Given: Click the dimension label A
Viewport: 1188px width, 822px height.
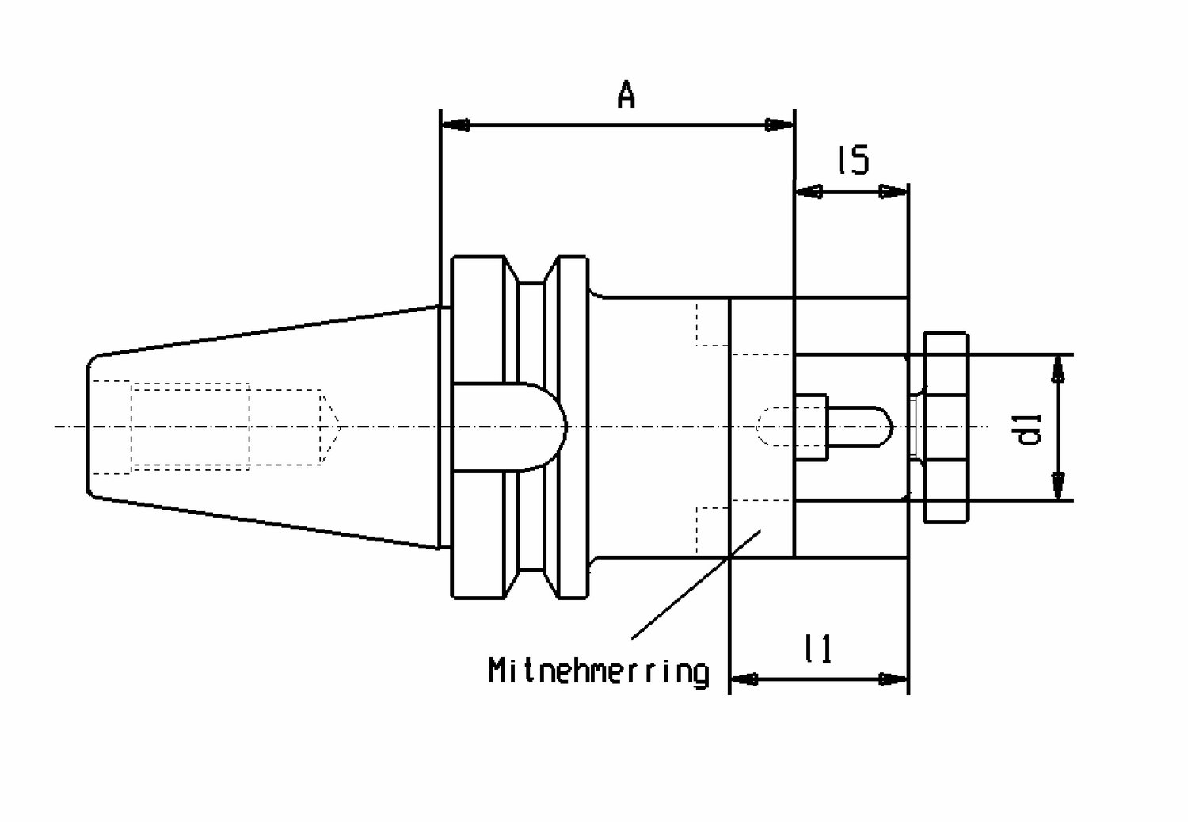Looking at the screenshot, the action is (x=626, y=95).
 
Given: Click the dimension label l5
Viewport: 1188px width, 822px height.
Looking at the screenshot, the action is (x=853, y=160).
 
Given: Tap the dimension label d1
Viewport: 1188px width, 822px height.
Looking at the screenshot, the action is (x=1030, y=430).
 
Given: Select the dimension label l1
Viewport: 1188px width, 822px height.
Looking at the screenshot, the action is (x=818, y=648).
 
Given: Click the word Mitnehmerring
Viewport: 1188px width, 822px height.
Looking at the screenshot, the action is (x=599, y=672).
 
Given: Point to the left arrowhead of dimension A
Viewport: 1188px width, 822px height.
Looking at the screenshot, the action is (x=455, y=126).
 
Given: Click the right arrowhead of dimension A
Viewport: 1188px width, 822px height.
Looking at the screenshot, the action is (x=779, y=125).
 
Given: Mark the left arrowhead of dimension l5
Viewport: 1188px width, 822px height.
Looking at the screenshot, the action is (x=809, y=192).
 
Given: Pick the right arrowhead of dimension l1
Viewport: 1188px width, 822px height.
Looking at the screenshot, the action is (x=893, y=679).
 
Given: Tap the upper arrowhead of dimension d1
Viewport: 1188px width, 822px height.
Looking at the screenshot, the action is (x=1058, y=369).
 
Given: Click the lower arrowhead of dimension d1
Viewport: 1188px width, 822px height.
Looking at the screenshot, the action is (x=1058, y=485).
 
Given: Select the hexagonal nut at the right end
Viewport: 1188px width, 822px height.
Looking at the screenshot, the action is (x=946, y=427).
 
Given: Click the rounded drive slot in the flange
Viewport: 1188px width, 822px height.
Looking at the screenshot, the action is (x=509, y=426).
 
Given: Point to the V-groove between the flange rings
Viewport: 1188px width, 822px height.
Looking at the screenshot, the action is (x=531, y=427).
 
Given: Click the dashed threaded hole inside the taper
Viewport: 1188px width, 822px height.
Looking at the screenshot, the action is (x=190, y=426).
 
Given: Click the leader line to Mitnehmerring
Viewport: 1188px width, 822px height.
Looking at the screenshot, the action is (x=696, y=583).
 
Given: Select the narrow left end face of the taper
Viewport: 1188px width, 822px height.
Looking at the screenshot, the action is (x=87, y=426).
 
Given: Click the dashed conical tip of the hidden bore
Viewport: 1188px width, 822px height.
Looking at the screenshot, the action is (x=329, y=427).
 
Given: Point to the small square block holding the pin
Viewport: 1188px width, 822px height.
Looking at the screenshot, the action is (x=810, y=426).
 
